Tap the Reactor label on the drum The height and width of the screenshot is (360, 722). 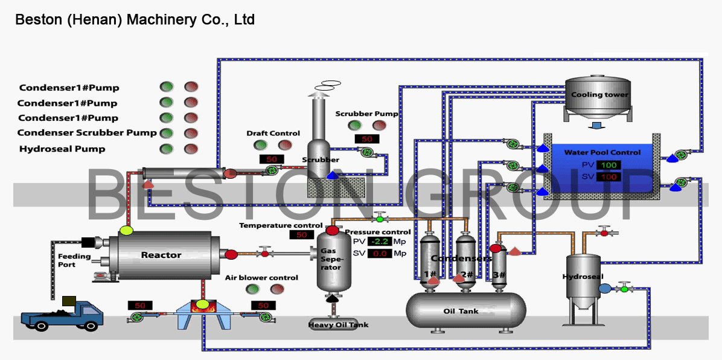pos(161,255)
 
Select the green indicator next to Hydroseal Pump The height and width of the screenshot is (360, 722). pos(167,149)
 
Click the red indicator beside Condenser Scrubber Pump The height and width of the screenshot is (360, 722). pos(191,133)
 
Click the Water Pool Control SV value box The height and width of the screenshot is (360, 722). pos(609,176)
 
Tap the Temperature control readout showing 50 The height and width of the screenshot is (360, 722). pos(301,235)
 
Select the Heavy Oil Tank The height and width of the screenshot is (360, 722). pos(338,324)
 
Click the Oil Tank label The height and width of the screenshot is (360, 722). pos(460,311)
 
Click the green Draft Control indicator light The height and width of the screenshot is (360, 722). pos(261,145)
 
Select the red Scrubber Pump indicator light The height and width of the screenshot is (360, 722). pos(379,126)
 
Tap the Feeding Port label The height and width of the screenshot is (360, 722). pos(74,260)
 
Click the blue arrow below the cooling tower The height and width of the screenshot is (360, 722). pos(596,126)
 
